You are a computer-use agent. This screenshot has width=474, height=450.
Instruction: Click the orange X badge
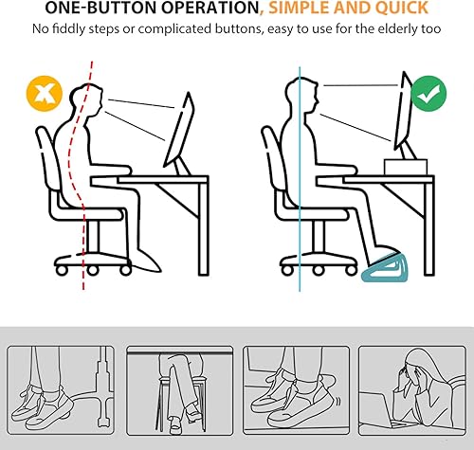click(45, 94)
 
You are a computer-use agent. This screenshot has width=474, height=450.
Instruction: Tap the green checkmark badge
click(428, 94)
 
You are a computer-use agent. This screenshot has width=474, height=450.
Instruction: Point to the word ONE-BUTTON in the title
click(102, 8)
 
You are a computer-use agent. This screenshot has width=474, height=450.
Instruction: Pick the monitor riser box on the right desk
click(406, 167)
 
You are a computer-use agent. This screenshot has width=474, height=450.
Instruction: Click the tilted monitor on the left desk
click(179, 130)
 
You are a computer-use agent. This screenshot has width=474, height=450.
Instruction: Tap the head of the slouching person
click(87, 98)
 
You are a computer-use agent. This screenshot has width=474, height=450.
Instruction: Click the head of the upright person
click(301, 94)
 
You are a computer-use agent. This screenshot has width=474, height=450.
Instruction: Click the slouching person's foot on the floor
click(147, 261)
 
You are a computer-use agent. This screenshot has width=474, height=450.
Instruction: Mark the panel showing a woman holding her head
click(412, 391)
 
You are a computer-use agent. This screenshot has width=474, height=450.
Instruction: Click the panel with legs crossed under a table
click(179, 391)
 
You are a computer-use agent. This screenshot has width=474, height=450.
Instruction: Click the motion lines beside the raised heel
click(338, 402)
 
